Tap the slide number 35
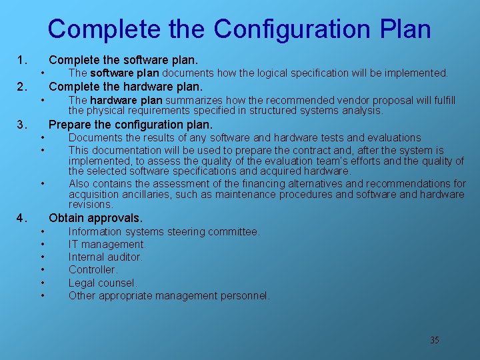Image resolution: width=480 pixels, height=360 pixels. [435, 340]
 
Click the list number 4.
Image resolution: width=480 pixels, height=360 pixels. [21, 218]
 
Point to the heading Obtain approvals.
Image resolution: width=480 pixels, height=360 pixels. [96, 218]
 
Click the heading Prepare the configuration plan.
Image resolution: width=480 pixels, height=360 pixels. [131, 125]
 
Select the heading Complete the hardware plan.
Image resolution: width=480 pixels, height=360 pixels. [125, 87]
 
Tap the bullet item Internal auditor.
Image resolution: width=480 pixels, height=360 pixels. [105, 257]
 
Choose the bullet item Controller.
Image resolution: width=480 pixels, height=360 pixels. [93, 269]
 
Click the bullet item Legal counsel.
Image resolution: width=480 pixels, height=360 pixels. [103, 283]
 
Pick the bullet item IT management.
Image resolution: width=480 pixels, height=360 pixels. [107, 244]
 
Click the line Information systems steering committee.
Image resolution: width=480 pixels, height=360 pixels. [164, 231]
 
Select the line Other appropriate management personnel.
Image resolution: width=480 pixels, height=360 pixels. [169, 295]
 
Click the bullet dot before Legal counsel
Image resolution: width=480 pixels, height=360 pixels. [41, 283]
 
